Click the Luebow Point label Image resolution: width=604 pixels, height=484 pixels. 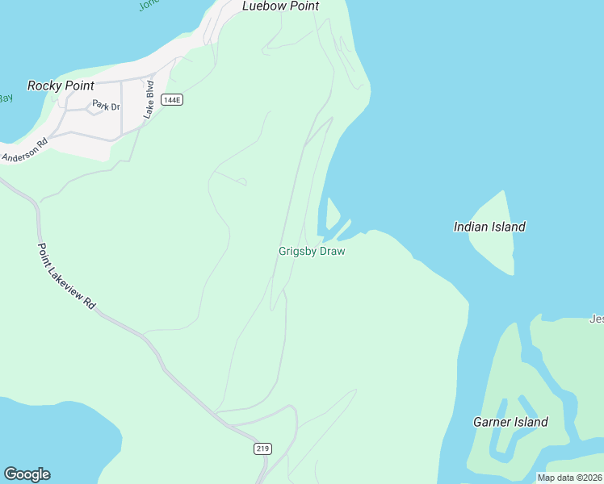(280, 6)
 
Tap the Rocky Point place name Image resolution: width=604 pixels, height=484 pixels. (61, 86)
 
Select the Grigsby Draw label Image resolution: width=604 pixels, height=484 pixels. (312, 252)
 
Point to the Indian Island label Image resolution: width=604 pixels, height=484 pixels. (489, 227)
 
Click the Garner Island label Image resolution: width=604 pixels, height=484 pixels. (510, 422)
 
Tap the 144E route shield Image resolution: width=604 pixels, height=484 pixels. (171, 100)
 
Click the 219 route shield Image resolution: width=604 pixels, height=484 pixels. (263, 449)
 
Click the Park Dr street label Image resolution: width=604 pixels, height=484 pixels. (105, 105)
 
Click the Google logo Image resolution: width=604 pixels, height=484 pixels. (27, 474)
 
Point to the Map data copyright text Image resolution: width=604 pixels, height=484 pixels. (569, 478)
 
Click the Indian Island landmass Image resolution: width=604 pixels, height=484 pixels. (494, 246)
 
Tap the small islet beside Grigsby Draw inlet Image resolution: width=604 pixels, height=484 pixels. (332, 212)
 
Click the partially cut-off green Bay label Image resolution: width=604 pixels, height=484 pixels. (5, 98)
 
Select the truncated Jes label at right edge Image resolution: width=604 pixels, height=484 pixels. (596, 319)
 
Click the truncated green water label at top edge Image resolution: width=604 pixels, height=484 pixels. (149, 5)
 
